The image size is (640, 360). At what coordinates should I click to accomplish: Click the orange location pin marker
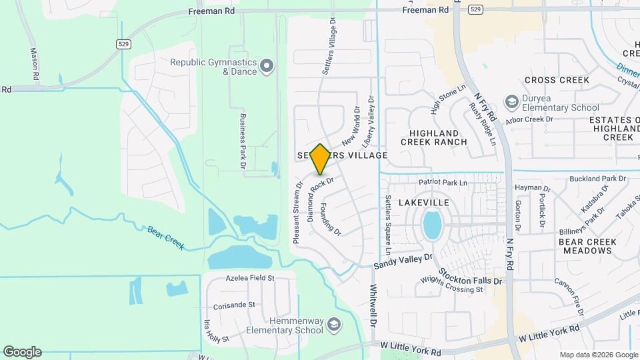[x=320, y=159]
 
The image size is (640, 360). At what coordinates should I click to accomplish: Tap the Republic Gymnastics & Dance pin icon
[x=267, y=65]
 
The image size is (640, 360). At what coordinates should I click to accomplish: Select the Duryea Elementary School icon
[x=511, y=101]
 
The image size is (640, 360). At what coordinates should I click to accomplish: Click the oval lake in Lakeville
[x=432, y=225]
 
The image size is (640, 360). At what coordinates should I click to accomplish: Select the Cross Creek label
[x=557, y=80]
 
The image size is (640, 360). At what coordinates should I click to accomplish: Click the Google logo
[x=22, y=351]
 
